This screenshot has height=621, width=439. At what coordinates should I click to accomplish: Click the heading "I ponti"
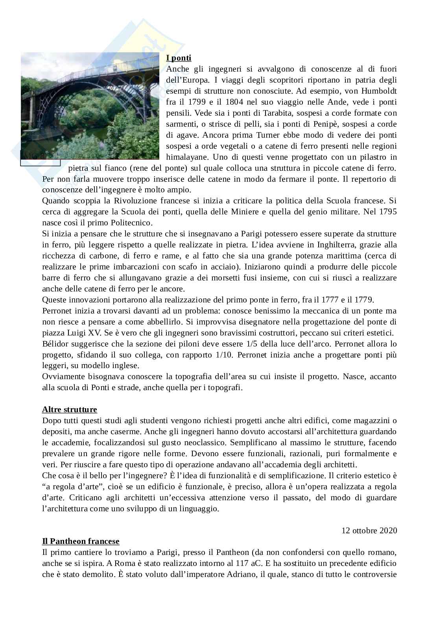[179, 58]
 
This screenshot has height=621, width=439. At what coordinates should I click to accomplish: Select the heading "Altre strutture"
[70, 409]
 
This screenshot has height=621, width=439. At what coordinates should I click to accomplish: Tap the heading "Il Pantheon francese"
[81, 542]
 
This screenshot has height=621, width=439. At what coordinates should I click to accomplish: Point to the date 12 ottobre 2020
[369, 530]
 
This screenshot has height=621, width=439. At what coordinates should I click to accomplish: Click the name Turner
[268, 135]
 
